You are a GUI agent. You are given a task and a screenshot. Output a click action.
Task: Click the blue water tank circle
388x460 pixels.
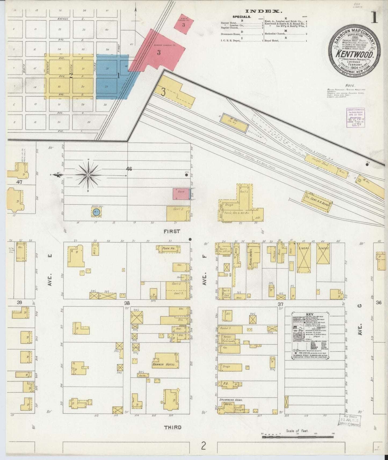click(x=96, y=212)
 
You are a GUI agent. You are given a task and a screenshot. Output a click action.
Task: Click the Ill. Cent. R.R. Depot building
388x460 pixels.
click(x=318, y=201)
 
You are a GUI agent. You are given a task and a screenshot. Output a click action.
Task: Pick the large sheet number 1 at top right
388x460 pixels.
click(x=375, y=18)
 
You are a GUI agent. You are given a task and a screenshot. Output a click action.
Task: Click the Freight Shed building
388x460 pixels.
click(x=320, y=163)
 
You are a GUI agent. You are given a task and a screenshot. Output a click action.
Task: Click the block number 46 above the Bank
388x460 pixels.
click(x=129, y=169)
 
